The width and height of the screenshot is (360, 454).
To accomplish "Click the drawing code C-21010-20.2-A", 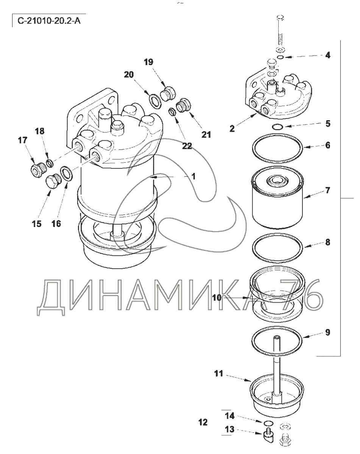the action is click(49, 21).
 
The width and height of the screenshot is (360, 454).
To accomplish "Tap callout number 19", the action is click(148, 62).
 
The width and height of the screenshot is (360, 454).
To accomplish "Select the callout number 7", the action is click(327, 190).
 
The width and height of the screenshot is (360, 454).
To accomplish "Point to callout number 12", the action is click(203, 422).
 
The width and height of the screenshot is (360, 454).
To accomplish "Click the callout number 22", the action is click(187, 146).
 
